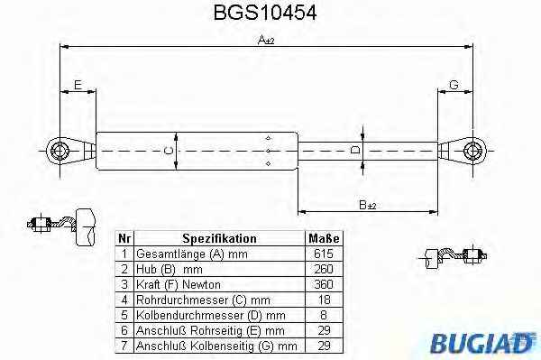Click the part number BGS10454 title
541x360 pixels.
point(265,13)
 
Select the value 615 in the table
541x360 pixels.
point(324,254)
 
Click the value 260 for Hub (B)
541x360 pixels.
point(324,269)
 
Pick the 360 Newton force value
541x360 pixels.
point(324,284)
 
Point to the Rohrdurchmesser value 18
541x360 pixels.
point(325,300)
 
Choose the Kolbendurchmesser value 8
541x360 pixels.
point(324,315)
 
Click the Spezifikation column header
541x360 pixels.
point(219,238)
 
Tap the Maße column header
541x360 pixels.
point(324,238)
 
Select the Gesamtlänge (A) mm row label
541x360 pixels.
point(192,254)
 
